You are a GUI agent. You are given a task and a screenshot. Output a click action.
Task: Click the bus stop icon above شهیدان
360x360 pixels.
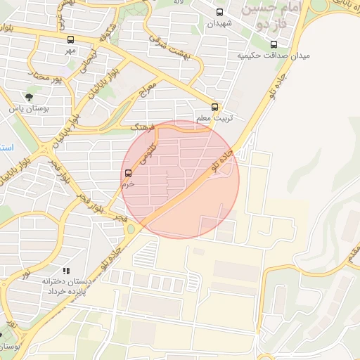click(220, 13)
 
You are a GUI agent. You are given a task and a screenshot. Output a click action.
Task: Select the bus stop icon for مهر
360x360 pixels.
click(70, 40)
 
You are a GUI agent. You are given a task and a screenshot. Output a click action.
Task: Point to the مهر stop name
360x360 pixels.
click(70, 51)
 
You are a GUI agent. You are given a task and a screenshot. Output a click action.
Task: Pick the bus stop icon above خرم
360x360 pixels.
click(128, 173)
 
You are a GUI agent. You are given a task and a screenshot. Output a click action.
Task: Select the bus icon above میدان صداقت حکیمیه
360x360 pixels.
click(274, 44)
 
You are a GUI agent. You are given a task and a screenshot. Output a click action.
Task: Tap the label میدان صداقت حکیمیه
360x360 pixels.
click(274, 55)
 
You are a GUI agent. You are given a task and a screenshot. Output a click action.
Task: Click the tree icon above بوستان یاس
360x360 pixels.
click(28, 98)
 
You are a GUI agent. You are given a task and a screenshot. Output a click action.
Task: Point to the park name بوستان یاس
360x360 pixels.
click(27, 109)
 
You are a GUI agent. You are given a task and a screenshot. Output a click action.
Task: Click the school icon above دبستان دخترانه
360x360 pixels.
click(66, 271)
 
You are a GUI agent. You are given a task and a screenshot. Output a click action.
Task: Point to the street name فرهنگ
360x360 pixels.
click(146, 127)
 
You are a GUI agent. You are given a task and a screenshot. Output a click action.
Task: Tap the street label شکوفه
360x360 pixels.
click(108, 32)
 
